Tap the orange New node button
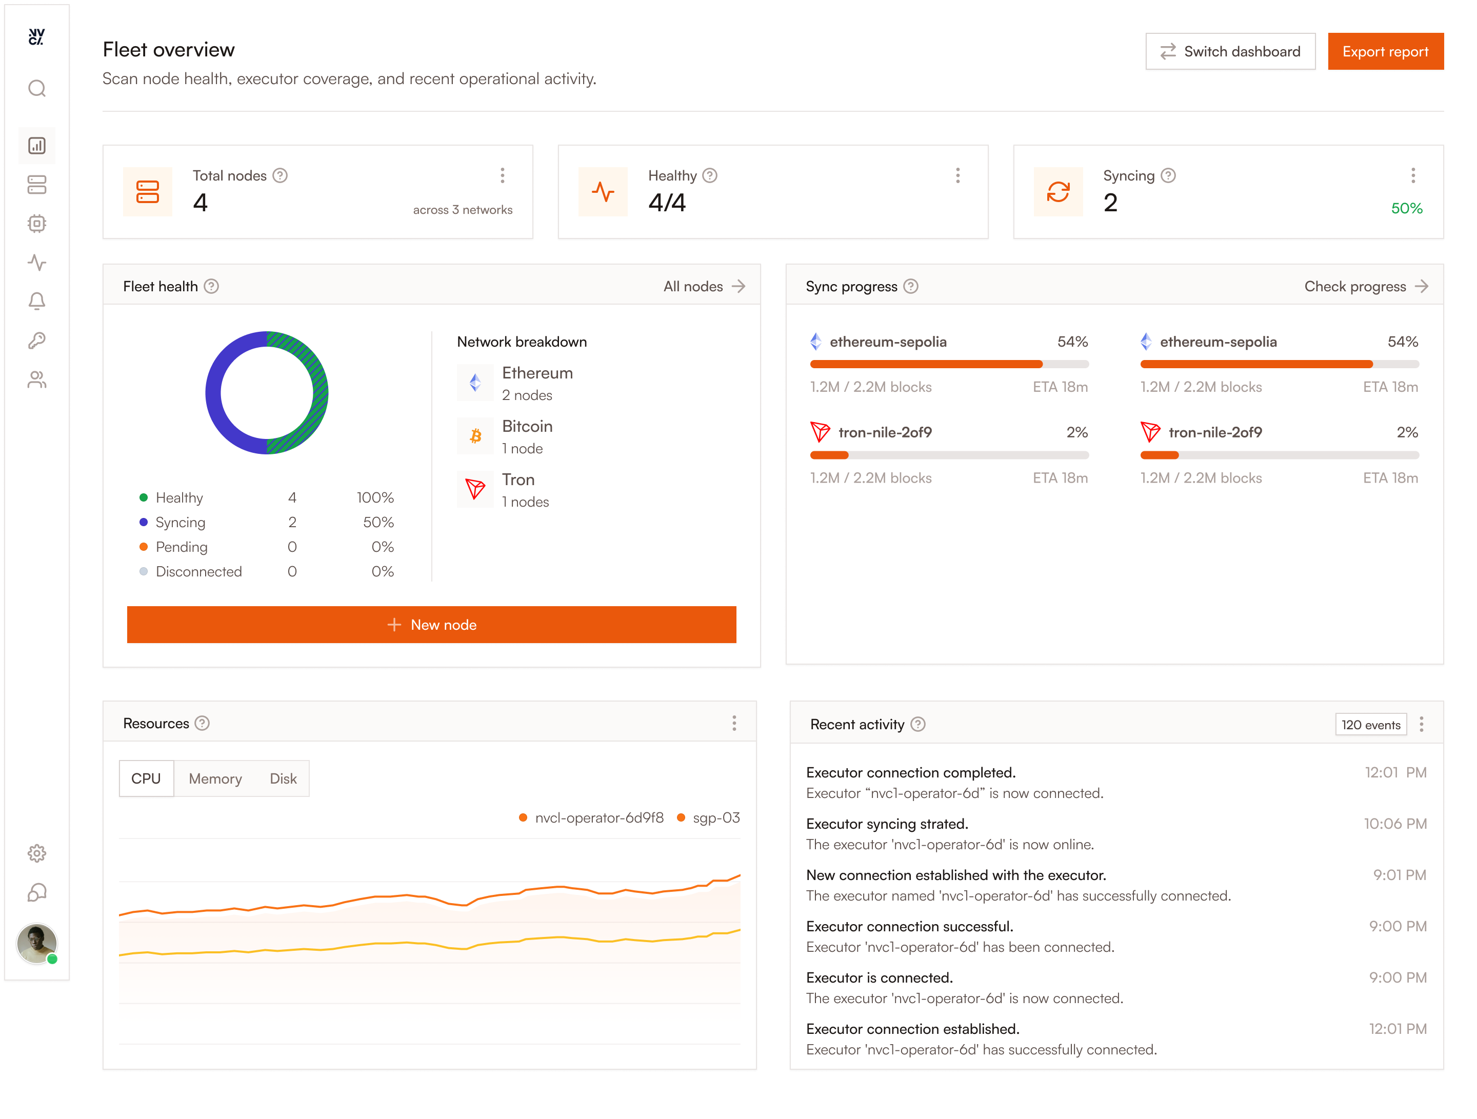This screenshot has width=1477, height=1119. pyautogui.click(x=431, y=624)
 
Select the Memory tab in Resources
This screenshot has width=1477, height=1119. pyautogui.click(x=215, y=778)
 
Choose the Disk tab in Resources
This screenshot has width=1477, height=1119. pyautogui.click(x=283, y=778)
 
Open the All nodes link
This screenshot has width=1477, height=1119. pyautogui.click(x=704, y=287)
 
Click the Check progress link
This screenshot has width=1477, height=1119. pyautogui.click(x=1366, y=287)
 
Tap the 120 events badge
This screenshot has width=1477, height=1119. pyautogui.click(x=1371, y=725)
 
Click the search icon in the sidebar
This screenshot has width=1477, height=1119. pyautogui.click(x=37, y=89)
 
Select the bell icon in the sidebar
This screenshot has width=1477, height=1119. pyautogui.click(x=37, y=301)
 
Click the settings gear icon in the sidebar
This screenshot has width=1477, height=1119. pyautogui.click(x=37, y=853)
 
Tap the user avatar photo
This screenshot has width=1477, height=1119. pyautogui.click(x=37, y=944)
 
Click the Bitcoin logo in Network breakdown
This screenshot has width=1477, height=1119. pyautogui.click(x=475, y=436)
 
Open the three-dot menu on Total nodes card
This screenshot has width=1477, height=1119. pyautogui.click(x=503, y=175)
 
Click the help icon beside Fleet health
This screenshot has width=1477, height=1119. pyautogui.click(x=211, y=287)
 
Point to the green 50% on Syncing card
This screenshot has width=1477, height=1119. pyautogui.click(x=1406, y=208)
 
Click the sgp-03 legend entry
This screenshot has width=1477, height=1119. pyautogui.click(x=708, y=818)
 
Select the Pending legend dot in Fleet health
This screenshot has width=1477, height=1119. pyautogui.click(x=144, y=547)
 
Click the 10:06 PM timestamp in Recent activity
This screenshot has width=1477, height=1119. pyautogui.click(x=1395, y=824)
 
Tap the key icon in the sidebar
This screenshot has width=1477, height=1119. pyautogui.click(x=37, y=341)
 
